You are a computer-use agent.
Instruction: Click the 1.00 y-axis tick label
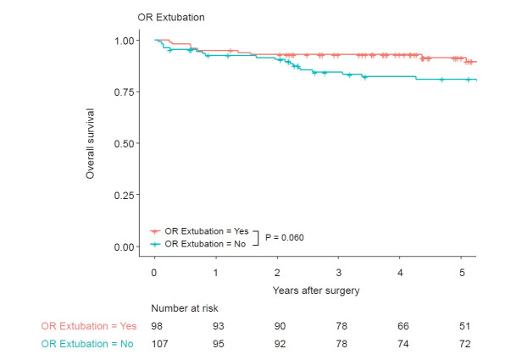tap(123, 41)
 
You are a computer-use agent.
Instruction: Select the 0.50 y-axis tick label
tap(123, 144)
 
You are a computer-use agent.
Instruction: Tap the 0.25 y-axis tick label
tap(123, 196)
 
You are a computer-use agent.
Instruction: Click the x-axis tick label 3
tap(338, 274)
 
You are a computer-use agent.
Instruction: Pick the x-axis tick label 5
tap(462, 274)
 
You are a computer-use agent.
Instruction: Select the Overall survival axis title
tap(90, 143)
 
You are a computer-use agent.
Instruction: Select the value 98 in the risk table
tap(158, 327)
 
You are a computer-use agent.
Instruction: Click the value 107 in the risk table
tap(160, 344)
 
